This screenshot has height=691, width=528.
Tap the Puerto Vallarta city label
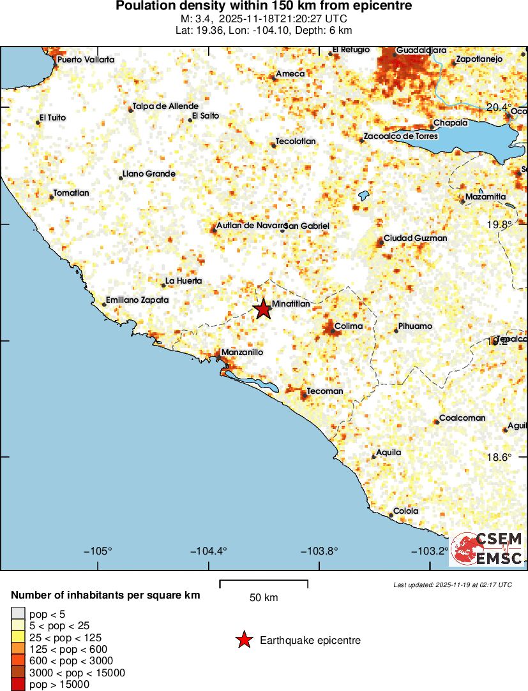[86, 60]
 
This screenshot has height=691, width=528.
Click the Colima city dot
[333, 330]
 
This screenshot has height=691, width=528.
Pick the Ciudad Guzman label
[415, 238]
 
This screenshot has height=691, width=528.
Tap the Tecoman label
[325, 391]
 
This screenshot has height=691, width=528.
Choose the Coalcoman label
[462, 418]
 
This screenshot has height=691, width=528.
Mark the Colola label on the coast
[406, 511]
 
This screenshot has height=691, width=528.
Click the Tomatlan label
[71, 193]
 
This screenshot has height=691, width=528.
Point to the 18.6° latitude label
[499, 457]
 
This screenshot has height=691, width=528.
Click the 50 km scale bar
[264, 583]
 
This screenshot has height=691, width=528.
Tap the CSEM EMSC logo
[487, 549]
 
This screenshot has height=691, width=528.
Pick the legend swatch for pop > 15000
[18, 685]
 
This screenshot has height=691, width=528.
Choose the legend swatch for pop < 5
[18, 613]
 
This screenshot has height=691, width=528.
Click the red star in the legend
[243, 640]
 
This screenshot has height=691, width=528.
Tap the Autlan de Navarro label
[249, 225]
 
